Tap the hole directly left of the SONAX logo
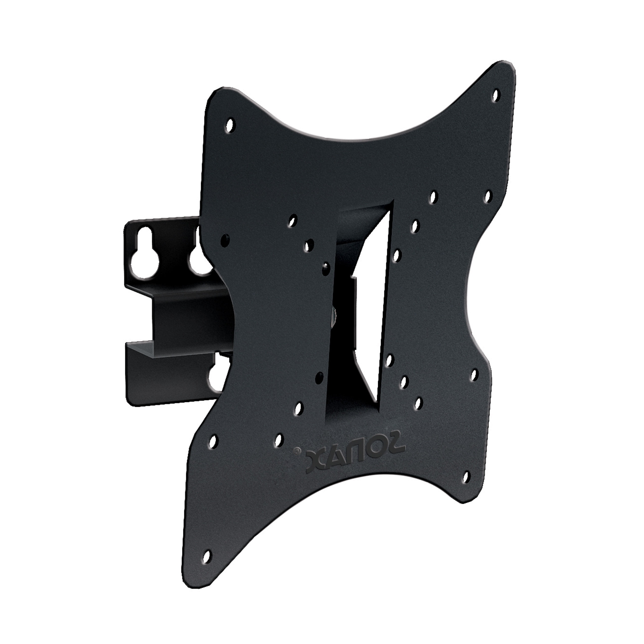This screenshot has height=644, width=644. (278, 440)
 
